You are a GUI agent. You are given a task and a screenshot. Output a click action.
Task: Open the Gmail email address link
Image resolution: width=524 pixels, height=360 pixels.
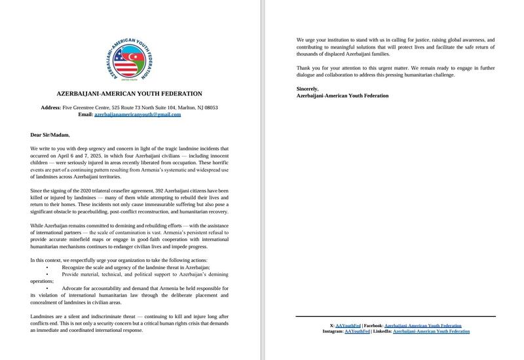(x=138, y=114)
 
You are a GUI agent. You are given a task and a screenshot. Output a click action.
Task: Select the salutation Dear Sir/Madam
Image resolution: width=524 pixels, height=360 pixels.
(x=50, y=135)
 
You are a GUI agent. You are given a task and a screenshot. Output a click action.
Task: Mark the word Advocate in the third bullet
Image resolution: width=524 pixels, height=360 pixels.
(x=77, y=289)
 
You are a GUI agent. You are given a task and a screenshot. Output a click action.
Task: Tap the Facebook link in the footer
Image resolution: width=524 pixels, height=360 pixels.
(x=422, y=325)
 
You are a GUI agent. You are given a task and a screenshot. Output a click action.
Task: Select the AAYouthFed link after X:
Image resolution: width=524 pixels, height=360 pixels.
(x=352, y=325)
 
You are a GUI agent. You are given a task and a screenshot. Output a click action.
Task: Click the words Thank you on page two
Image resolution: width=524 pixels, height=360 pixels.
(x=309, y=68)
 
